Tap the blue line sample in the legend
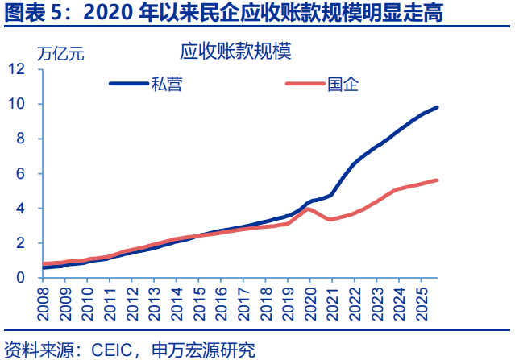(128, 84)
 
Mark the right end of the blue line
(438, 107)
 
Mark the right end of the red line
(438, 180)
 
